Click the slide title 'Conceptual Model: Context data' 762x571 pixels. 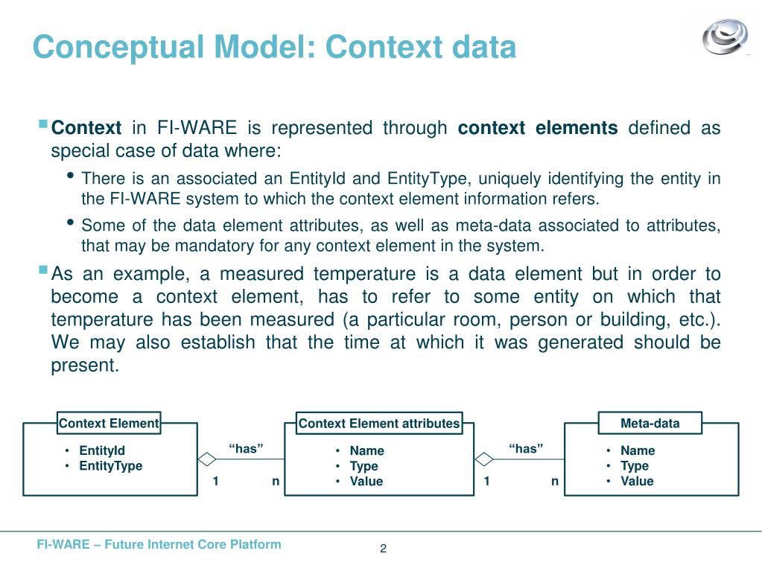274,47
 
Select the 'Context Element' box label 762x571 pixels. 109,424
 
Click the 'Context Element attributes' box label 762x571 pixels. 379,424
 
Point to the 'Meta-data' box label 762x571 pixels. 650,424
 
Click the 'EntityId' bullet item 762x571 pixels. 102,450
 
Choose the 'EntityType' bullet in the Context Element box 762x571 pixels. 110,466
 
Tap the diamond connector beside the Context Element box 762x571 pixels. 206,458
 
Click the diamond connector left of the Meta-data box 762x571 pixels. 484,458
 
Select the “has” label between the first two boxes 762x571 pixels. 246,448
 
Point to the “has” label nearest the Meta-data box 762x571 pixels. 526,448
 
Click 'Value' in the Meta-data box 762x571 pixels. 637,481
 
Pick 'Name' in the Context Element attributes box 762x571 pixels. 366,450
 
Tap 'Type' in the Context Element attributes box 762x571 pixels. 363,466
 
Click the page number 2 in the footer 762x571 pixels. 383,549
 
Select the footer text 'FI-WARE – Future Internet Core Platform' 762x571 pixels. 159,544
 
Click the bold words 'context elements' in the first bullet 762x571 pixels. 537,128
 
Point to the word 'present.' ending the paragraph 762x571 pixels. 85,366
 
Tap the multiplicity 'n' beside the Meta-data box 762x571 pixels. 555,481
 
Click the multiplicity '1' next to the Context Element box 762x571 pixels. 215,481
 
